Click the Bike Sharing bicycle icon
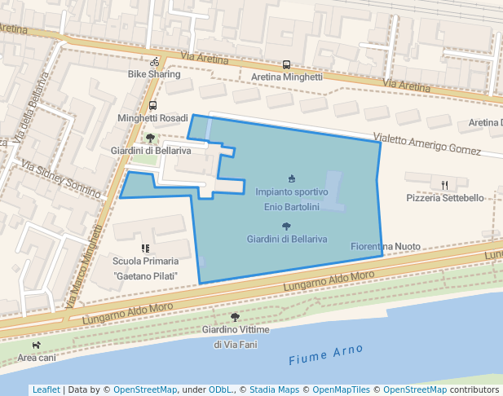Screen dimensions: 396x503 [154, 62]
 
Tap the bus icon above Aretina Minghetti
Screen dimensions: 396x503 [286, 65]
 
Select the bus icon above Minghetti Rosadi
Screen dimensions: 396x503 [152, 106]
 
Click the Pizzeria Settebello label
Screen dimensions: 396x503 [444, 198]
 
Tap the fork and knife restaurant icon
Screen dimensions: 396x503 [444, 185]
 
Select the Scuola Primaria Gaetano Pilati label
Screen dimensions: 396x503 [146, 269]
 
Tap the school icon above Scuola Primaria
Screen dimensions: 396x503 [145, 248]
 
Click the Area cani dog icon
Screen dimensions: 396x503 [37, 345]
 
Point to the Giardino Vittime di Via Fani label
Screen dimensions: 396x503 [235, 337]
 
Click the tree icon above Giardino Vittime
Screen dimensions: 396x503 [235, 317]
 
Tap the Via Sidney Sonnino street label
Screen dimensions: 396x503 [61, 179]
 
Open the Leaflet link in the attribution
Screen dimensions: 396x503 [46, 389]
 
